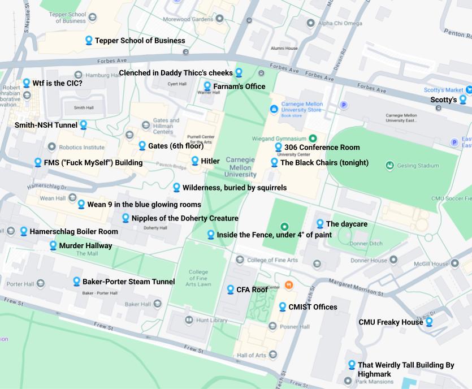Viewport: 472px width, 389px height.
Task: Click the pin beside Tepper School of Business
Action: coord(89,40)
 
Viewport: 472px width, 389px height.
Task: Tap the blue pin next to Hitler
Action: coord(195,161)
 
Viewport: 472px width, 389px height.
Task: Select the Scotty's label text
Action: coord(444,100)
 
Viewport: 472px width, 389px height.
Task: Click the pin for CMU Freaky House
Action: coord(429,322)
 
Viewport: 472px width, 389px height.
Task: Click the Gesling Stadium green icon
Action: coord(389,166)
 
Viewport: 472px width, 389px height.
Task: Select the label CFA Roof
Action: coord(252,289)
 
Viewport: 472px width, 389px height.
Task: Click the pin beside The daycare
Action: coord(320,224)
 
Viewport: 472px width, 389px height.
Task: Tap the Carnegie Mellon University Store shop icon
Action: coord(274,108)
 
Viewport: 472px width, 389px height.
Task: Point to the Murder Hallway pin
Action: coord(53,245)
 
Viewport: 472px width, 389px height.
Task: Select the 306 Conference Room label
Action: coord(322,148)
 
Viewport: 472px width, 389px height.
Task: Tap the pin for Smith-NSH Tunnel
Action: coord(84,124)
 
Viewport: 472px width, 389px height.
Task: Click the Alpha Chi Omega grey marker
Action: coord(310,23)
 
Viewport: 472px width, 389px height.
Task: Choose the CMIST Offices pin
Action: coord(283,306)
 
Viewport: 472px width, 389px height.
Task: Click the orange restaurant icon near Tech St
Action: coord(289,285)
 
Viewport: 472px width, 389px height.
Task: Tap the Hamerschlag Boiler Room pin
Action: coord(24,231)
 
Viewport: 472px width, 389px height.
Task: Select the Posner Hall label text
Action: coord(296,326)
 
